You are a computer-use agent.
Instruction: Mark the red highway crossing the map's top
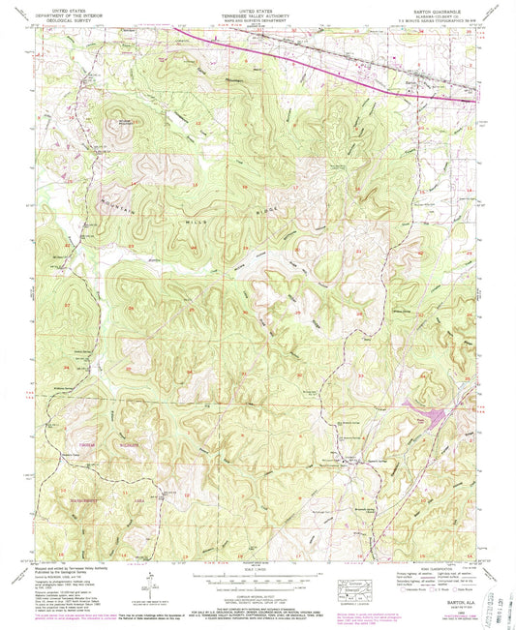tap(319, 62)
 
